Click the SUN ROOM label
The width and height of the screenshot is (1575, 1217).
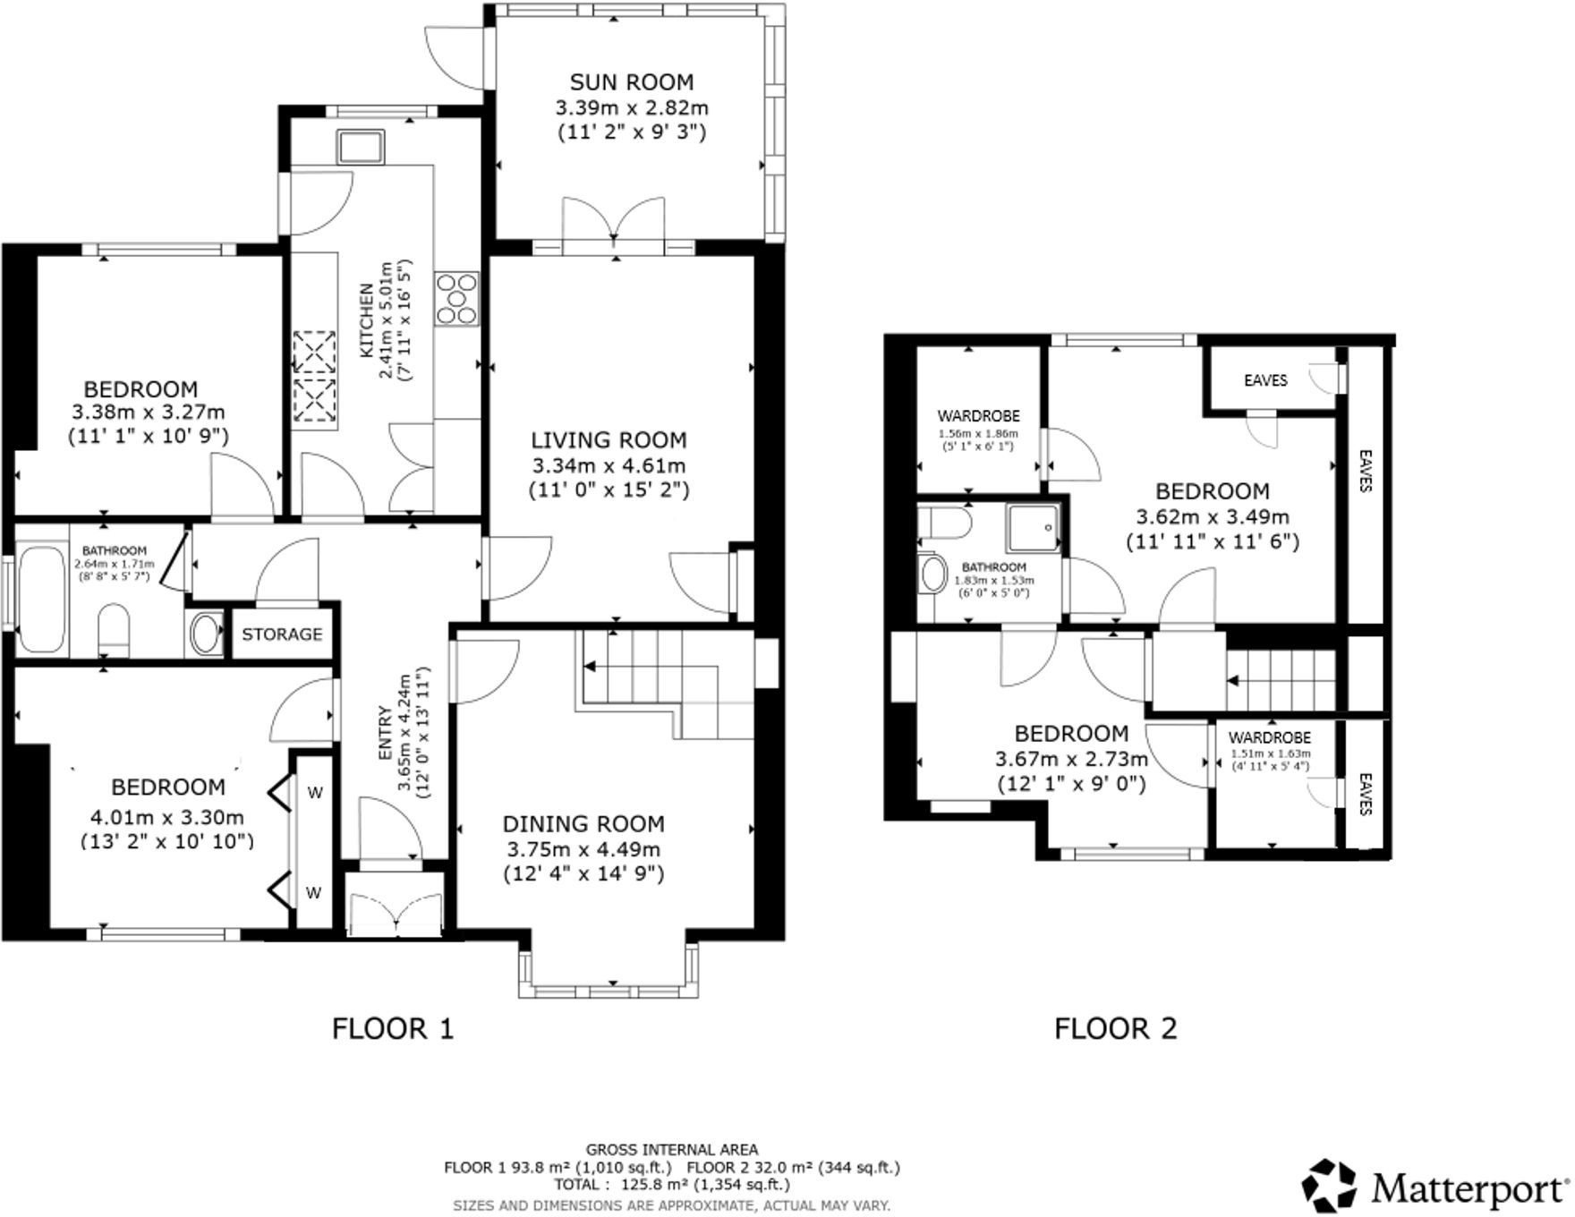[x=631, y=82]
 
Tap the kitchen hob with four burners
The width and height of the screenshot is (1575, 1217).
[x=456, y=299]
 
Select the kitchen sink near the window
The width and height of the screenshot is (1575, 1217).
[x=361, y=147]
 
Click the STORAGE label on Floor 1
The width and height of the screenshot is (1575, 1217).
[x=282, y=634]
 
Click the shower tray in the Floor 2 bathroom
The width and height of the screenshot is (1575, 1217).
[x=1033, y=528]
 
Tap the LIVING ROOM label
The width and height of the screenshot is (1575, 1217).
[x=609, y=440]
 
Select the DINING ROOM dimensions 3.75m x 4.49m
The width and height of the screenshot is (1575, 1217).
[x=583, y=849]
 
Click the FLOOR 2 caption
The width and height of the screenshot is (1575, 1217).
[x=1115, y=1028]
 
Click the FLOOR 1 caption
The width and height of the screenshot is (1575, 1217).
[x=393, y=1028]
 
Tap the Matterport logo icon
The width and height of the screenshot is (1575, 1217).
[x=1330, y=1187]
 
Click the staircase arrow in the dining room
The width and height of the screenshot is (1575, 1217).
[x=591, y=667]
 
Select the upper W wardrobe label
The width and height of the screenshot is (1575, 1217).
[x=314, y=792]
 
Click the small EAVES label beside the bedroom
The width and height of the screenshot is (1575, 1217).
[x=1264, y=380]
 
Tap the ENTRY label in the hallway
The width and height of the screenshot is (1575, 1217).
[x=385, y=734]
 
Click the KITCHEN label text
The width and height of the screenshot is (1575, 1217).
[x=367, y=320]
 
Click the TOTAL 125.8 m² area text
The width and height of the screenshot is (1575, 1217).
[x=671, y=1184]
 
